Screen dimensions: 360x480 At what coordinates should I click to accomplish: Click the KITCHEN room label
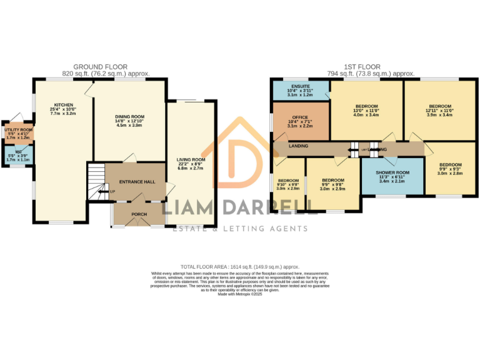point(63,105)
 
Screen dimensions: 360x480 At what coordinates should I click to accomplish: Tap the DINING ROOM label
point(129,116)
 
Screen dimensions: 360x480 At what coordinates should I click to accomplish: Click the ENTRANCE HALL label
point(136,181)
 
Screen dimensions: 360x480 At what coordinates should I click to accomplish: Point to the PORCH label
point(139,214)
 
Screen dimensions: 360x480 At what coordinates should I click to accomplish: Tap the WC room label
point(18,151)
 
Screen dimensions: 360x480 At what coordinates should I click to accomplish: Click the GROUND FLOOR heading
point(101,66)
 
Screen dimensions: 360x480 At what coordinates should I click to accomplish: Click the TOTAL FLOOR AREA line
point(239,266)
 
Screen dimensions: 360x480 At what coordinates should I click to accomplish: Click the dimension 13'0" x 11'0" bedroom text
point(366,111)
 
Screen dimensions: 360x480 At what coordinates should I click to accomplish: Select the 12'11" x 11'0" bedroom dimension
point(439,111)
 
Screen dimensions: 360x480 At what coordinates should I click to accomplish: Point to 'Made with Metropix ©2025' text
point(239,294)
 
